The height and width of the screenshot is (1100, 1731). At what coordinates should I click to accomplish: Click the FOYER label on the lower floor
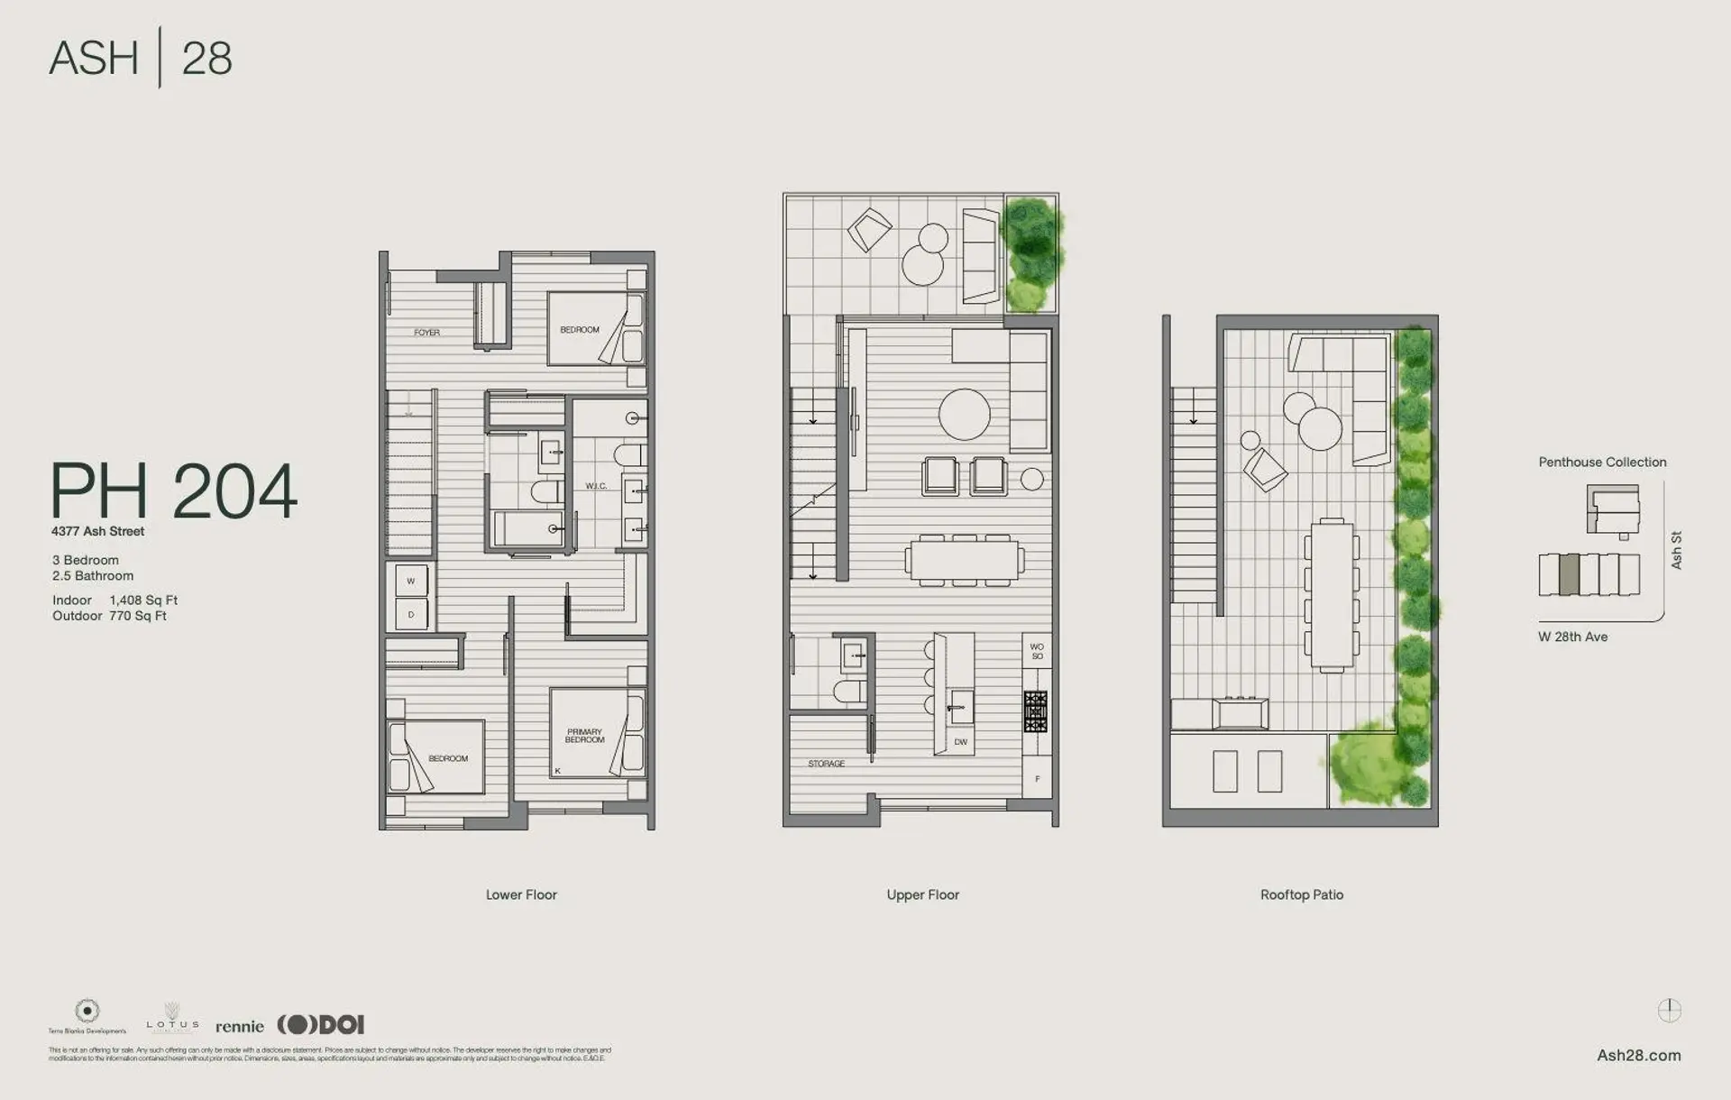(x=426, y=333)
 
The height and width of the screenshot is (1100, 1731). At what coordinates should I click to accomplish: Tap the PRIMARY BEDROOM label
(x=584, y=736)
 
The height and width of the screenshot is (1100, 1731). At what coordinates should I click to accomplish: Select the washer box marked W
(x=411, y=582)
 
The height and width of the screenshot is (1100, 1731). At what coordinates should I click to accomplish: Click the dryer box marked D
(x=411, y=614)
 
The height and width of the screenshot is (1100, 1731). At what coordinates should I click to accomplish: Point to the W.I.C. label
(x=596, y=486)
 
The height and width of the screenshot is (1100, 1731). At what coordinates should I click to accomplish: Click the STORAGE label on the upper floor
(x=826, y=764)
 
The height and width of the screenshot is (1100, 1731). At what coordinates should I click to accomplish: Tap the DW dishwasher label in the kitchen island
(x=960, y=742)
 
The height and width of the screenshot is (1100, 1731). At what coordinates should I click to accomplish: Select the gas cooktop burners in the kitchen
(x=1035, y=711)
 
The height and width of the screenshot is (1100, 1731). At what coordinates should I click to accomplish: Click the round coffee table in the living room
(x=964, y=415)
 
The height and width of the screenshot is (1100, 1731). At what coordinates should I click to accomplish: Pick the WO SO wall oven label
(x=1037, y=651)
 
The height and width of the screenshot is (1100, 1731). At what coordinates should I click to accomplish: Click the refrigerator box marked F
(x=1037, y=779)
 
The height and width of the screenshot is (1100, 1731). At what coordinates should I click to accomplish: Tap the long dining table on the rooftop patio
(x=1332, y=595)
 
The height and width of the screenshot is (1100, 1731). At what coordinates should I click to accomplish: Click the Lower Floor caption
(x=521, y=894)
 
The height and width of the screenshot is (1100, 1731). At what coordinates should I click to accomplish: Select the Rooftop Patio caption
(x=1301, y=894)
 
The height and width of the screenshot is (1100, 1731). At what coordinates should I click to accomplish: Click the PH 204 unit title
(x=173, y=491)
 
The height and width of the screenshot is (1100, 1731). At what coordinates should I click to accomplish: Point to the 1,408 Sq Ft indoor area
(x=143, y=600)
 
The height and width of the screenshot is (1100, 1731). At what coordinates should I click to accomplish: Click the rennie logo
(x=240, y=1026)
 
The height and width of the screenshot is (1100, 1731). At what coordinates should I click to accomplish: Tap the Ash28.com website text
(x=1638, y=1055)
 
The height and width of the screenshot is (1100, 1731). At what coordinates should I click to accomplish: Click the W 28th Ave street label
(x=1572, y=637)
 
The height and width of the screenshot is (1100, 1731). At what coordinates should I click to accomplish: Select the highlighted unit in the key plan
(x=1569, y=574)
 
